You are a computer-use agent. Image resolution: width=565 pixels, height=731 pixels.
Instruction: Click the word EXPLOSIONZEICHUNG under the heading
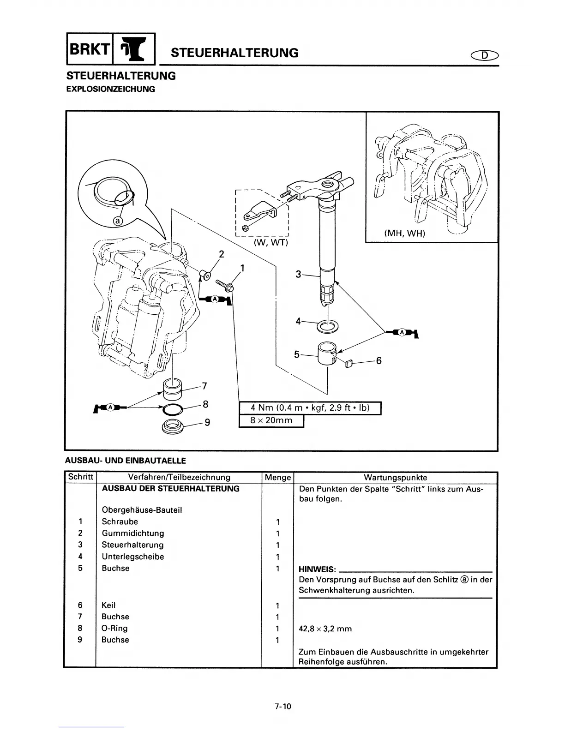pos(111,89)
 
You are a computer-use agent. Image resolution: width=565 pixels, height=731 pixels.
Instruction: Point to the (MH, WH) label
pos(404,234)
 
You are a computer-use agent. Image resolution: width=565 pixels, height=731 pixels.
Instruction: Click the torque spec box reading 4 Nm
pos(310,408)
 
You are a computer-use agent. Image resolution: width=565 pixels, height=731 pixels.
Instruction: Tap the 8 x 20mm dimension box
pos(271,421)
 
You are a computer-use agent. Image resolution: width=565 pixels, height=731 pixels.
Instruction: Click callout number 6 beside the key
pos(379,360)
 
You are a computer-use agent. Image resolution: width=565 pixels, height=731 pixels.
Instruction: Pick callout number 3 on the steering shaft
pos(298,275)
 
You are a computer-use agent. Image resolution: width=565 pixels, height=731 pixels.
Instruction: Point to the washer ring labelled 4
pos(328,326)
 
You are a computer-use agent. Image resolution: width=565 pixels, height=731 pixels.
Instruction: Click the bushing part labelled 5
pos(327,354)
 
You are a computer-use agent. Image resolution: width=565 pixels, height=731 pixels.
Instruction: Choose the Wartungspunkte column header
pos(395,478)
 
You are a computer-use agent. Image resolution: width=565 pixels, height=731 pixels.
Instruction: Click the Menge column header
pos(277,478)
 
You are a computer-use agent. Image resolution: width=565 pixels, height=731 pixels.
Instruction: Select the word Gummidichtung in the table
pos(132,533)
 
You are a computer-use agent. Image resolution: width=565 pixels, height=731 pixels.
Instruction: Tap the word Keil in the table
pos(108,605)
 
